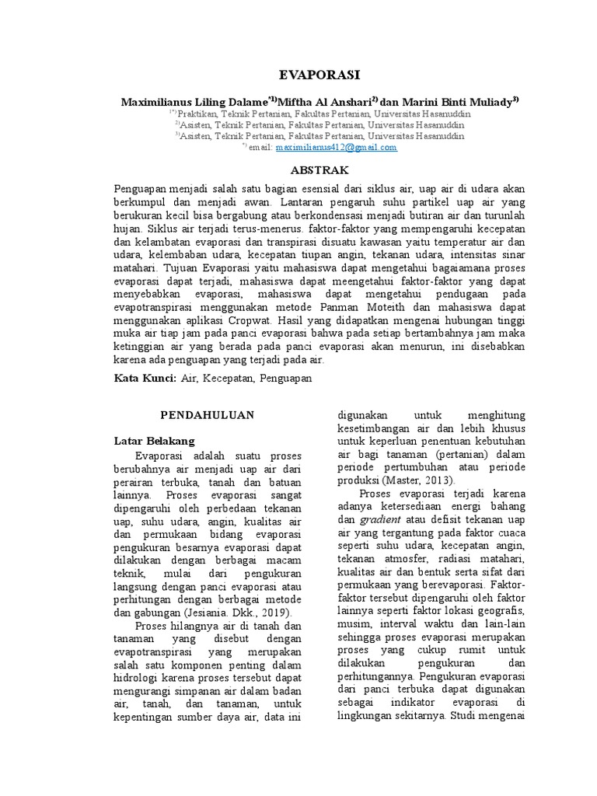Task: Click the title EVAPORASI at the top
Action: coord(319,75)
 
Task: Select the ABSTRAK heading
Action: coord(319,169)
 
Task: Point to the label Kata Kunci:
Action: coord(145,377)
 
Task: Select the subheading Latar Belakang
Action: coord(153,440)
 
